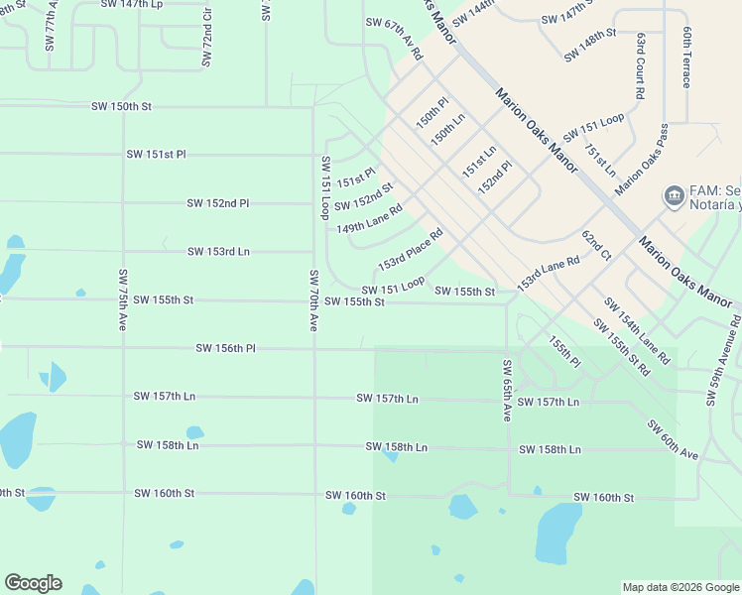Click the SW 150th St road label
[121, 106]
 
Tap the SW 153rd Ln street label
[218, 252]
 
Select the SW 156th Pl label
[225, 348]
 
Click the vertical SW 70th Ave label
[313, 299]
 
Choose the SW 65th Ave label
[506, 391]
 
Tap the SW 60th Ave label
[674, 439]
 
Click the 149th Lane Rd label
[369, 220]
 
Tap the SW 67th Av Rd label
[394, 39]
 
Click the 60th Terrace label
[685, 57]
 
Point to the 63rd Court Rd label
[641, 64]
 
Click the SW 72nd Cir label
[206, 40]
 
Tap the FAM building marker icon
[675, 194]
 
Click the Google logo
[33, 583]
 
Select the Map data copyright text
[680, 587]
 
